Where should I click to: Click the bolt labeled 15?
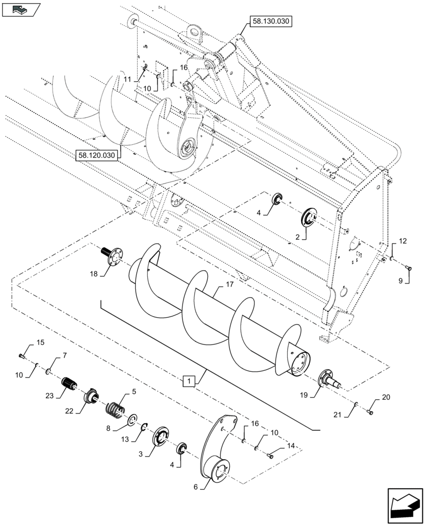[x=21, y=357]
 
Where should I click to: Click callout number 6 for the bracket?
[x=196, y=487]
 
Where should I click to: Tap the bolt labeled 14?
[x=271, y=456]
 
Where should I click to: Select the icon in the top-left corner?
[x=21, y=8]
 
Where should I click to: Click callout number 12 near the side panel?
[x=402, y=241]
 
